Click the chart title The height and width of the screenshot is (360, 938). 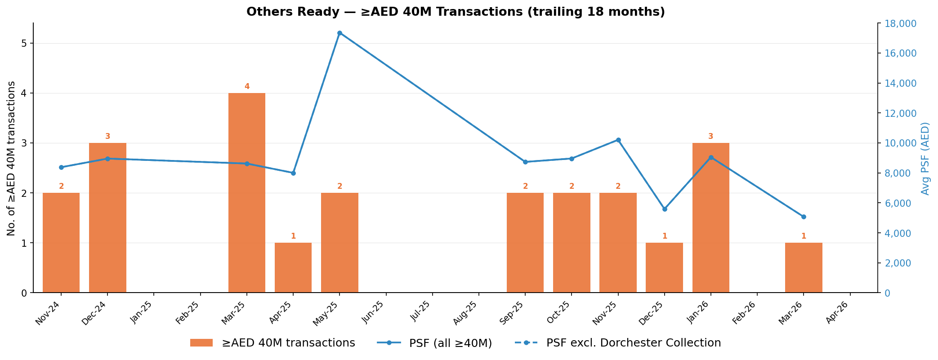point(455,12)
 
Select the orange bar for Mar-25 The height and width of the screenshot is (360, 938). point(247,193)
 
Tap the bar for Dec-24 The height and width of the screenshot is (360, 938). point(107,218)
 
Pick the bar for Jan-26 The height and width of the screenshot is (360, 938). point(710,218)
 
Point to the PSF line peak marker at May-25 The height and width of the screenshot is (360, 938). point(339,33)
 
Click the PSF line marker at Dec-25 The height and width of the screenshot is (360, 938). point(665,209)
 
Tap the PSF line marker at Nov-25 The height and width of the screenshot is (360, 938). point(618,140)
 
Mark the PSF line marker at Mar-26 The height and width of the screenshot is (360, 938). point(804,217)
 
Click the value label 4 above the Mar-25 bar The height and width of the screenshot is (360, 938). point(247,87)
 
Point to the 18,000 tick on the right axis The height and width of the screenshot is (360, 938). point(898,23)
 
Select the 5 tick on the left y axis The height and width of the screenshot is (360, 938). point(24,44)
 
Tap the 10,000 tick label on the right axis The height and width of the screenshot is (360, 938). point(898,143)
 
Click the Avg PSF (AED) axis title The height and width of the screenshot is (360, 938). point(925,158)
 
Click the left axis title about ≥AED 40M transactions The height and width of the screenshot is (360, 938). point(12,158)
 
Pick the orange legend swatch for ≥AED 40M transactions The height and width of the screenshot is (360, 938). point(201,343)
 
